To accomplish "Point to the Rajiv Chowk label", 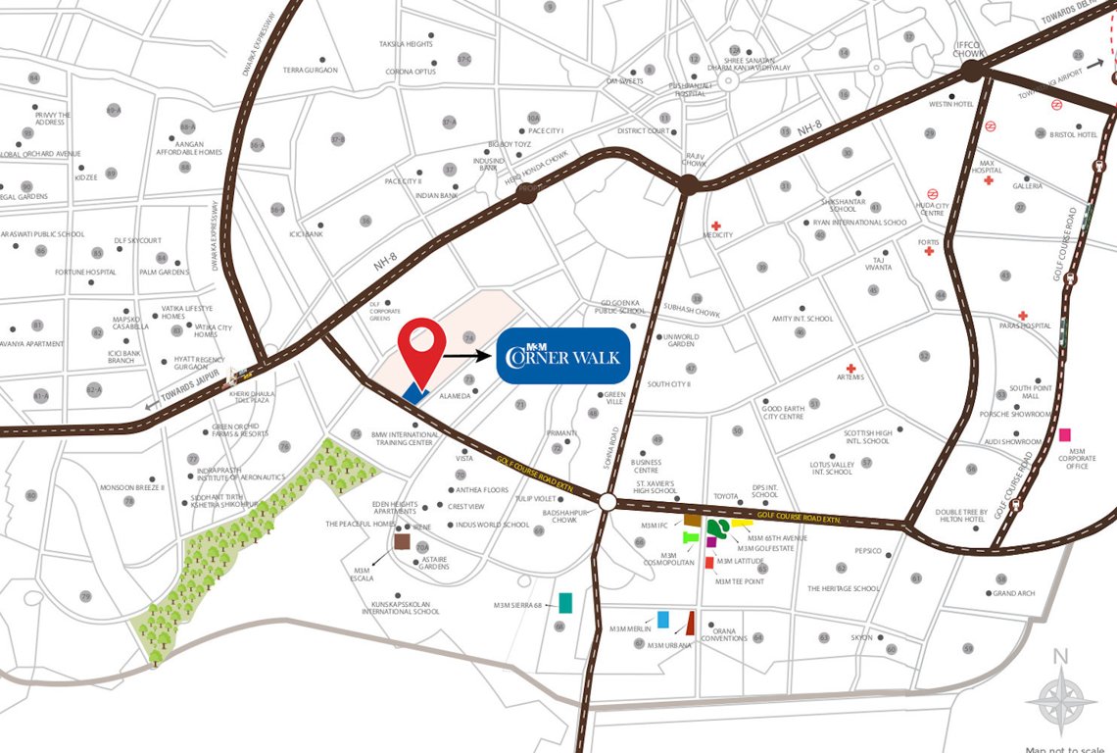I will pyautogui.click(x=696, y=159).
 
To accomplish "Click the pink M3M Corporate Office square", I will pyautogui.click(x=1065, y=434).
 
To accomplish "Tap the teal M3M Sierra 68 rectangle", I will pyautogui.click(x=565, y=602).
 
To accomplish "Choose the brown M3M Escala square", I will pyautogui.click(x=402, y=541).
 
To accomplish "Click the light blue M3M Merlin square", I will pyautogui.click(x=663, y=619).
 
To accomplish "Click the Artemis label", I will pyautogui.click(x=850, y=377).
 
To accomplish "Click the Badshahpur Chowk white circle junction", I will pyautogui.click(x=607, y=502).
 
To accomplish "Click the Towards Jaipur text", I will pyautogui.click(x=181, y=396).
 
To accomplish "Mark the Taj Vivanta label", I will pyautogui.click(x=878, y=263).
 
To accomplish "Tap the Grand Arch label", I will pyautogui.click(x=1013, y=593).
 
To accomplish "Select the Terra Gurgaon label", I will pyautogui.click(x=310, y=71).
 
